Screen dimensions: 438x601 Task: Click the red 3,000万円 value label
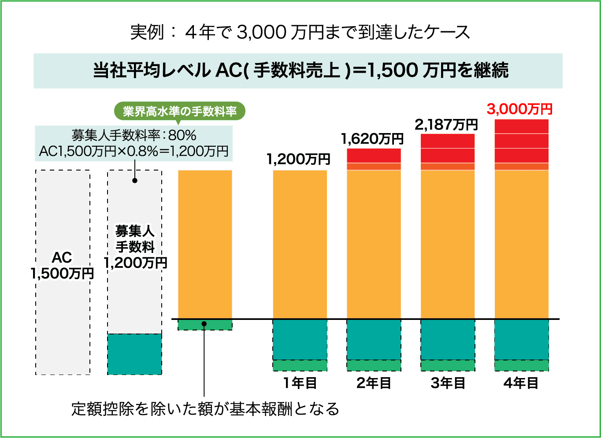coord(519,109)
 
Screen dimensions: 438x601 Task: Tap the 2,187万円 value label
coord(446,125)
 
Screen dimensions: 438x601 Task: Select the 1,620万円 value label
coord(372,139)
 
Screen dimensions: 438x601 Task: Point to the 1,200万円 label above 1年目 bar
coord(298,159)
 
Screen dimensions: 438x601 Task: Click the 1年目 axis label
coord(300,383)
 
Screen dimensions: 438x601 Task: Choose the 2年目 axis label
coord(374,383)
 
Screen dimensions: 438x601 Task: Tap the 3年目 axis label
coord(448,383)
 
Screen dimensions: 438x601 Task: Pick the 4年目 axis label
coord(521,383)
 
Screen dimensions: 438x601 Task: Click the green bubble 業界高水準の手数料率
coord(180,111)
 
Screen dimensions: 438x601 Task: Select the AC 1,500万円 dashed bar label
coord(62,266)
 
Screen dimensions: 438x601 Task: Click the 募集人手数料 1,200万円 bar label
coord(135,247)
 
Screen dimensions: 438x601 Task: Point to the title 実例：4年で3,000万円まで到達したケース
coord(300,33)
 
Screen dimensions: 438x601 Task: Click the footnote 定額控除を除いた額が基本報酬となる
coord(205,409)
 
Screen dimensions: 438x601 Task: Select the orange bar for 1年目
coord(300,244)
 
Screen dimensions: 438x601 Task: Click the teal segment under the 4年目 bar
coord(521,339)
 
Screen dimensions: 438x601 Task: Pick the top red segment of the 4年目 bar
coord(521,126)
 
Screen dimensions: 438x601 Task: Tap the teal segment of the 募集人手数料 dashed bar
coord(134,354)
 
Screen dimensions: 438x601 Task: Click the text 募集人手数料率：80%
coord(134,135)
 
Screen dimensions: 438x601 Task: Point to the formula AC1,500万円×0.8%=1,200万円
coord(134,151)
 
